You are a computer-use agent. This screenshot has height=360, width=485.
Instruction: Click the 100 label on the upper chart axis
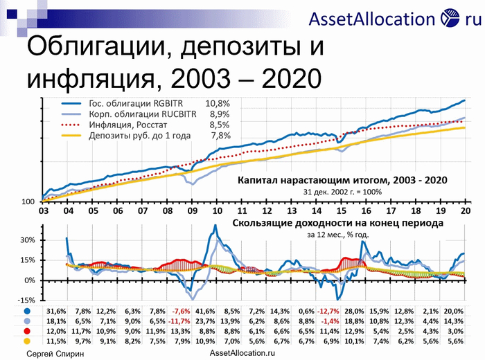point(28,201)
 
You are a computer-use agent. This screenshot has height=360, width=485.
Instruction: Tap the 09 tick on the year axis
point(192,212)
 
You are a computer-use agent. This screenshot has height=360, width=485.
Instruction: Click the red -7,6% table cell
point(182,310)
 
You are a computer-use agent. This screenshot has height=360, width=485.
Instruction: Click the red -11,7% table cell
point(182,321)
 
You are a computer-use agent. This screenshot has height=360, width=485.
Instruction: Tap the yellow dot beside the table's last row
point(26,342)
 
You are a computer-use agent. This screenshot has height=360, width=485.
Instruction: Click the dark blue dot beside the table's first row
point(26,310)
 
